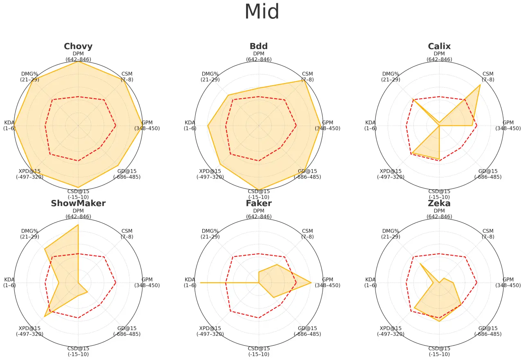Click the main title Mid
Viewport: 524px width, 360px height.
pos(262,12)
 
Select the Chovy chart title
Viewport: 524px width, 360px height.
pos(78,46)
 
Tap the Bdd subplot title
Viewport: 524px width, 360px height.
pos(259,46)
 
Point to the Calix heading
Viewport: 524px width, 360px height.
pos(439,46)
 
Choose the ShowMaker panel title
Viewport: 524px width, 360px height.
pos(78,204)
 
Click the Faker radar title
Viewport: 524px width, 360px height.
pos(259,204)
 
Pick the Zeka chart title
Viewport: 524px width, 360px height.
pos(439,204)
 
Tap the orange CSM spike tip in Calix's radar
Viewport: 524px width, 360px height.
pos(480,85)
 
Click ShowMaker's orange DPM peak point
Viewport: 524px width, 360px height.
pos(78,225)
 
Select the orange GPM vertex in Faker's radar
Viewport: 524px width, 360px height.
pos(311,283)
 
